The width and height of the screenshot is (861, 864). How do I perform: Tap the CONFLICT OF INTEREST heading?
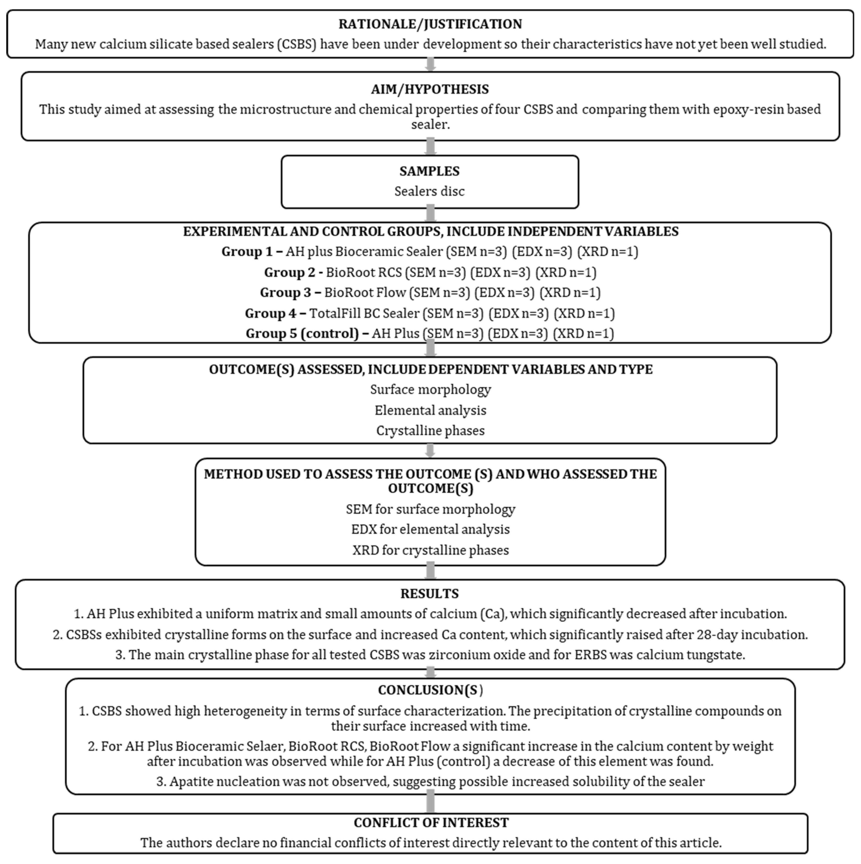431,822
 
